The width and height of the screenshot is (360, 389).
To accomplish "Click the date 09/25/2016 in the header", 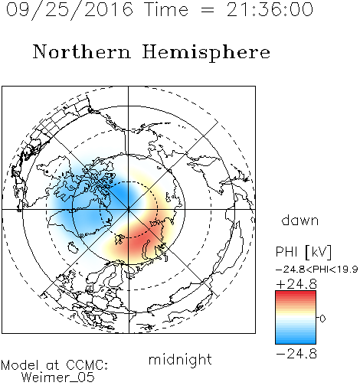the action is click(70, 10).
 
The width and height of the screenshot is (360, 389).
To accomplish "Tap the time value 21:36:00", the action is click(270, 9).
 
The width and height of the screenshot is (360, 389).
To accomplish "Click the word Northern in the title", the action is click(82, 51).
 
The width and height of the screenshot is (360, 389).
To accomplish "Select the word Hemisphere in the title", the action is click(206, 53).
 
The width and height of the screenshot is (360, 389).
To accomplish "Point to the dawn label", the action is click(300, 220).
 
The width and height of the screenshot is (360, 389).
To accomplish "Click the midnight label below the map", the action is click(180, 360).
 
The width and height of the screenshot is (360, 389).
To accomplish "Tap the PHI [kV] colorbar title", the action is click(303, 252).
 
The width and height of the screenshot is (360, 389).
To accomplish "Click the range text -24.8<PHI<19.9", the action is click(316, 270).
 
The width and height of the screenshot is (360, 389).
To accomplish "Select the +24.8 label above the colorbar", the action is click(296, 284).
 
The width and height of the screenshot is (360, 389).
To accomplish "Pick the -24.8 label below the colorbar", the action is click(296, 354).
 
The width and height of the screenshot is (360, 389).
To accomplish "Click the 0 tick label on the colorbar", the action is click(322, 319).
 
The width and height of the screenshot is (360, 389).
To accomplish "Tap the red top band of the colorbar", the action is click(296, 293).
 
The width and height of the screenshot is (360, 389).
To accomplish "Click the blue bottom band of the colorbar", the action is click(296, 341).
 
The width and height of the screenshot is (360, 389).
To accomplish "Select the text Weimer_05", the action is click(58, 377).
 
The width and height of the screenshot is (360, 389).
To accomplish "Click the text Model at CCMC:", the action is click(54, 365).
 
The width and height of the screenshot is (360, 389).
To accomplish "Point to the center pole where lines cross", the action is click(129, 210).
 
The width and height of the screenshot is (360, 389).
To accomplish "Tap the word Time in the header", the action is click(166, 9).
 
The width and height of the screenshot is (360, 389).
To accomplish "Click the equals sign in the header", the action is click(208, 10).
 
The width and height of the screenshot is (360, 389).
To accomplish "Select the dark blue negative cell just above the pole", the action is click(124, 194).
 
